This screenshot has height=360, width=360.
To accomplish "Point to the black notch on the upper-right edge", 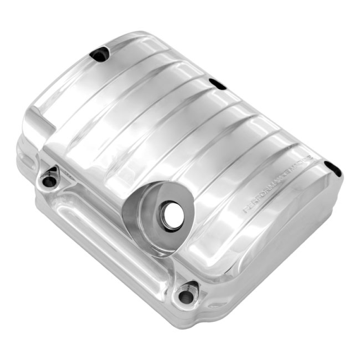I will coord(217,84).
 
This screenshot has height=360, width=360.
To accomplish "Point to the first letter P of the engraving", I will coord(245,209).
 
